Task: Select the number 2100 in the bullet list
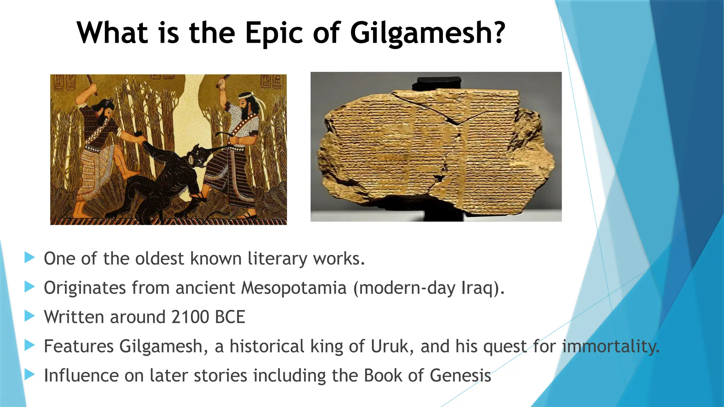click(190, 317)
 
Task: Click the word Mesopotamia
click(293, 288)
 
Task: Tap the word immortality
click(611, 346)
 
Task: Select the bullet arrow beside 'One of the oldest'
click(30, 258)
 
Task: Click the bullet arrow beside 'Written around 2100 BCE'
click(30, 316)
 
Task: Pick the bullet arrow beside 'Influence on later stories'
click(30, 374)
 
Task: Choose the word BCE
click(230, 317)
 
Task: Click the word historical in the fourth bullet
click(267, 346)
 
